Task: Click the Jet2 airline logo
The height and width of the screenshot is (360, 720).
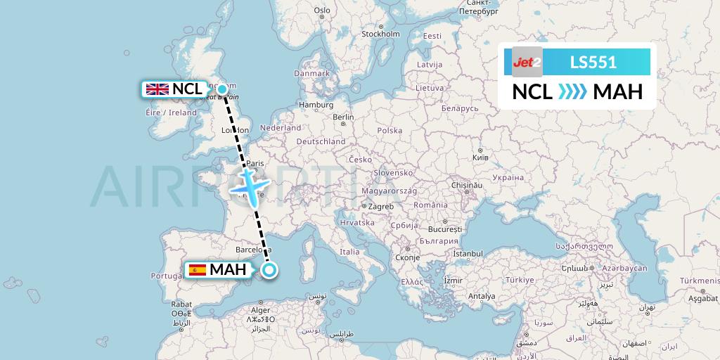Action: coord(522,62)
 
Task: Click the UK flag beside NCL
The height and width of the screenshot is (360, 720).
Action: coord(157,89)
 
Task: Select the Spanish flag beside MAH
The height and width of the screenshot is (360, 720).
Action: coord(197,269)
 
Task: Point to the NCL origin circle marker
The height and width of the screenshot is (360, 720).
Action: coord(222,89)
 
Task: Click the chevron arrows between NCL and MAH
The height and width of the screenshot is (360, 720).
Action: coord(572,92)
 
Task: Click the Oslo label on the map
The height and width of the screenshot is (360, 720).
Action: coord(322,11)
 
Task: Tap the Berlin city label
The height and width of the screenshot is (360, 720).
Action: coord(343,117)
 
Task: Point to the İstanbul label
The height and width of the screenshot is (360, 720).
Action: coord(468,252)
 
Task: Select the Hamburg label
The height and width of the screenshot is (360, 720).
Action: coord(315,105)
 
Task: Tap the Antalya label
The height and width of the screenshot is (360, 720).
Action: coord(482,296)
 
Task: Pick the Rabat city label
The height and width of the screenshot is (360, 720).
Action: coord(181,304)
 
